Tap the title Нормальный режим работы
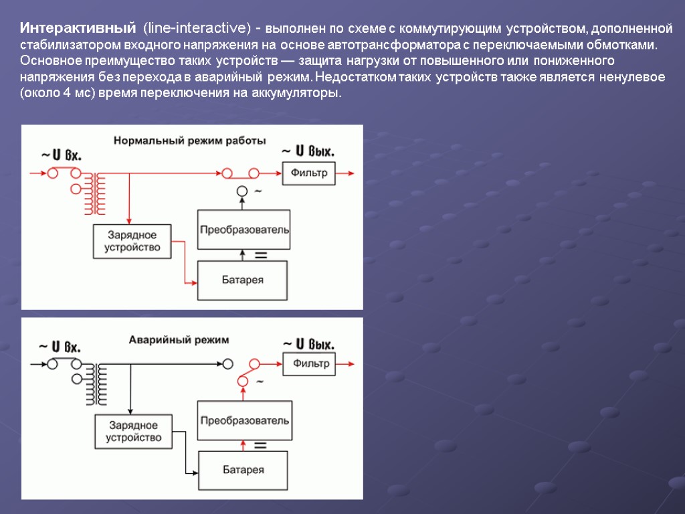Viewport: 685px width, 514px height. coord(190,141)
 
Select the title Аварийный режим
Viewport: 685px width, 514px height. coord(179,339)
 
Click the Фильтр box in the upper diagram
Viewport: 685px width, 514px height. coord(308,173)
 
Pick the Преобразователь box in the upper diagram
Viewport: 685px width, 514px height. coord(244,229)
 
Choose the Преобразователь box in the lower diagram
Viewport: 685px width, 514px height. coord(244,420)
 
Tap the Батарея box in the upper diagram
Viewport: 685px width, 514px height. coord(243,280)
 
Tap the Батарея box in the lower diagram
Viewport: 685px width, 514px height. coord(243,470)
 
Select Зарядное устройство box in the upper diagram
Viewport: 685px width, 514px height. coord(132,241)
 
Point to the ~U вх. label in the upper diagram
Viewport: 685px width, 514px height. coord(62,155)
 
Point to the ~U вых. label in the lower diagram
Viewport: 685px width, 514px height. coord(308,345)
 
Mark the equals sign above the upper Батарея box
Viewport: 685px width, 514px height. coord(261,256)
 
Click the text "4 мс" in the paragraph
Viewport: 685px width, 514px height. coord(76,93)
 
